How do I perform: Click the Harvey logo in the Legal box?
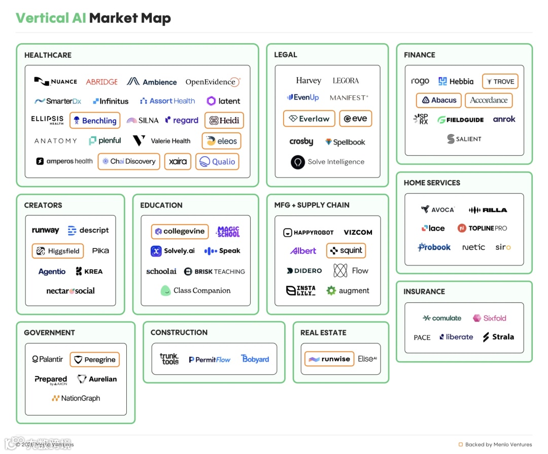point(309,81)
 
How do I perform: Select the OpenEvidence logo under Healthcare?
point(213,82)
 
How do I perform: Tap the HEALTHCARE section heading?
point(48,55)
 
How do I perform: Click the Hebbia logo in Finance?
point(456,81)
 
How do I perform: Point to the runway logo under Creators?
point(45,230)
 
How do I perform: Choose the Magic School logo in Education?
point(228,231)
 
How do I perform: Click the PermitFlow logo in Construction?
point(210,360)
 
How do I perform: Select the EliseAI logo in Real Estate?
point(367,359)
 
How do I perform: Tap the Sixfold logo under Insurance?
point(490,318)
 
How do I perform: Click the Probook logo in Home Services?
point(434,248)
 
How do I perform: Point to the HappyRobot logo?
point(308,232)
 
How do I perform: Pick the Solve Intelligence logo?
point(328,162)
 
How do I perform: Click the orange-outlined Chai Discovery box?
point(129,161)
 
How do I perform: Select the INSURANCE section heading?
point(424,292)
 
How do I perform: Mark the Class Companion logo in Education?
point(195,291)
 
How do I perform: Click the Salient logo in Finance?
point(464,139)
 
